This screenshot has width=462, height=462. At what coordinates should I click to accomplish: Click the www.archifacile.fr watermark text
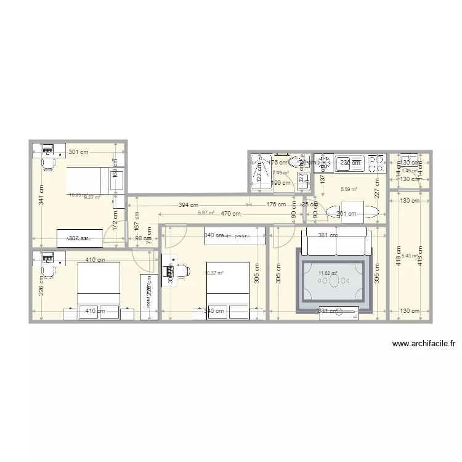pyautogui.click(x=423, y=344)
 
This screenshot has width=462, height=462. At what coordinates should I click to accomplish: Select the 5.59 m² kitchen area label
pyautogui.click(x=349, y=190)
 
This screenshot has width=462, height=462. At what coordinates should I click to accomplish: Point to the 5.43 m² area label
pyautogui.click(x=410, y=256)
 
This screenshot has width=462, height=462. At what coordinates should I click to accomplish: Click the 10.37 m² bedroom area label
pyautogui.click(x=214, y=273)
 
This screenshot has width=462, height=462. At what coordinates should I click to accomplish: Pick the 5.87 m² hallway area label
pyautogui.click(x=206, y=213)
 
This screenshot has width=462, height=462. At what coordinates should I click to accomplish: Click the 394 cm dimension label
pyautogui.click(x=188, y=205)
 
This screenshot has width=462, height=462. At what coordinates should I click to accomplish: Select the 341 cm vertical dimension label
pyautogui.click(x=41, y=195)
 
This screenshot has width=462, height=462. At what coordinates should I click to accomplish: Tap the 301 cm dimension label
pyautogui.click(x=78, y=152)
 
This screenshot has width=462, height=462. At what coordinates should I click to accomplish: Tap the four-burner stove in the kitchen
pyautogui.click(x=375, y=163)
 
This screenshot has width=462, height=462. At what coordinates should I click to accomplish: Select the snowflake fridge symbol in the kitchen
pyautogui.click(x=323, y=163)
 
